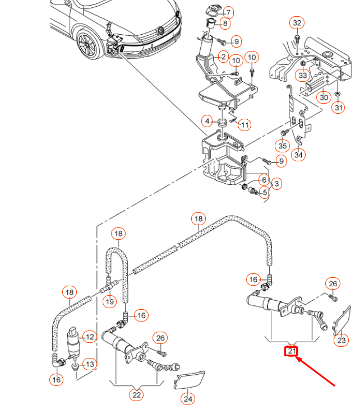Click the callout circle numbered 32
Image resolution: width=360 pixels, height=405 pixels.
click(297, 23)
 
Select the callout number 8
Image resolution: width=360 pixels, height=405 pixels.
click(225, 24)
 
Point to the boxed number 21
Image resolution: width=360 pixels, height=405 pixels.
click(292, 352)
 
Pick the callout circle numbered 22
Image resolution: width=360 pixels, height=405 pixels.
click(136, 394)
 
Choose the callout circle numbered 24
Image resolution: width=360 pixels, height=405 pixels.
click(188, 399)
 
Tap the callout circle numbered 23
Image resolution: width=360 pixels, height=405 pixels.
click(341, 339)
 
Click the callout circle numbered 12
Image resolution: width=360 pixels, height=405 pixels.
click(89, 337)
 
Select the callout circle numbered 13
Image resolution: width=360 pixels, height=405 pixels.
click(90, 365)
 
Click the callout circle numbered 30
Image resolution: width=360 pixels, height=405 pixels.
click(324, 97)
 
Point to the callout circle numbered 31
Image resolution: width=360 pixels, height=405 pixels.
click(339, 108)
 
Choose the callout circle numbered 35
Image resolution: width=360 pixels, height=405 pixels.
click(282, 146)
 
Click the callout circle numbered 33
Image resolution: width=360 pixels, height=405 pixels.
click(303, 75)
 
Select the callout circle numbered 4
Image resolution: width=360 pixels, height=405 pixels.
click(207, 121)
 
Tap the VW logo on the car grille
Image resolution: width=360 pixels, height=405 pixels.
click(160, 29)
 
